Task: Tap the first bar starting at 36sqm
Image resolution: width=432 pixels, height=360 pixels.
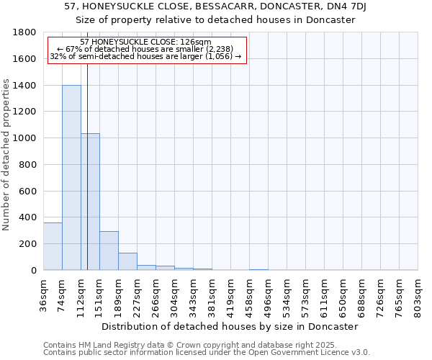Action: click(x=53, y=246)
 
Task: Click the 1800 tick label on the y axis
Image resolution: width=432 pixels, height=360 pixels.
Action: click(x=26, y=32)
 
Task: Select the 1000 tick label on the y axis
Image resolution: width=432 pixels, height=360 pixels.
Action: click(x=26, y=138)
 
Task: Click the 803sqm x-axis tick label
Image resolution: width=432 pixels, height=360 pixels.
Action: click(x=418, y=296)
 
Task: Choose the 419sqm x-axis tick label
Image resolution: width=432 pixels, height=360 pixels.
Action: click(x=231, y=296)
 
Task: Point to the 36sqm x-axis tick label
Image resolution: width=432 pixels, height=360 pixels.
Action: click(x=44, y=296)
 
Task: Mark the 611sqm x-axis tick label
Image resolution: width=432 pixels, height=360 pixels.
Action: click(x=325, y=296)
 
